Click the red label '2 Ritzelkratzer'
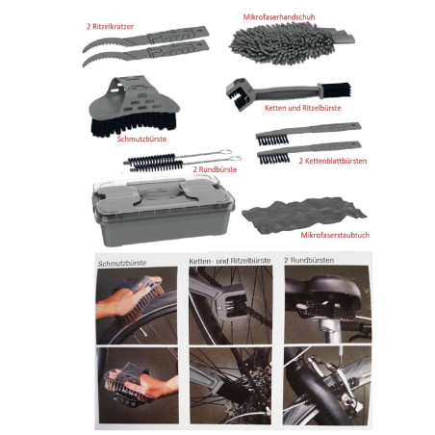click(x=110, y=27)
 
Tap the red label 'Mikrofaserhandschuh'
click(x=279, y=17)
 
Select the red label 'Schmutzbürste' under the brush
click(x=141, y=139)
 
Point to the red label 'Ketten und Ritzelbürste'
click(x=302, y=108)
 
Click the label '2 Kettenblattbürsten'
click(x=333, y=161)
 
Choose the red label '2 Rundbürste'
click(x=215, y=169)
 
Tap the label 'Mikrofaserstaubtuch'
click(x=335, y=235)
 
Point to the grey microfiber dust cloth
click(x=304, y=215)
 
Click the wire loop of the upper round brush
click(x=226, y=152)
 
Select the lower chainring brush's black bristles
click(x=274, y=158)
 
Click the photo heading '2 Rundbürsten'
click(x=309, y=260)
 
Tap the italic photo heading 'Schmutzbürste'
click(x=122, y=264)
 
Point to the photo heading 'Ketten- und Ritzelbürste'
click(x=230, y=261)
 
